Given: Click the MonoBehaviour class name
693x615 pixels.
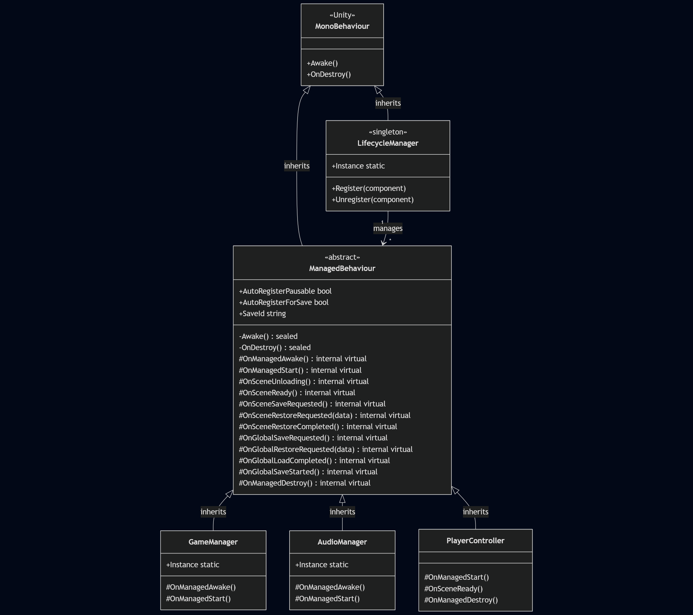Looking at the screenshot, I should (342, 27).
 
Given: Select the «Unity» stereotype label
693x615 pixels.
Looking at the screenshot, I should (342, 15).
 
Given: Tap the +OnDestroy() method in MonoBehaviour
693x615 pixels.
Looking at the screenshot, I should (329, 74).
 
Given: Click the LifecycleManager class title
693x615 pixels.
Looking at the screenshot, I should (387, 143).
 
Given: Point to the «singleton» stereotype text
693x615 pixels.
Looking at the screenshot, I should (387, 132).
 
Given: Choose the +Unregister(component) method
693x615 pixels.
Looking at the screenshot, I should (372, 200).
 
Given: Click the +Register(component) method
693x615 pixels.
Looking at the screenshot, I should (369, 188).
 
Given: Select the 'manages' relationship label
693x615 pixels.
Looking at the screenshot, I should (387, 228).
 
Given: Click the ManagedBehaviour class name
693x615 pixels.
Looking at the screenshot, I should (342, 268).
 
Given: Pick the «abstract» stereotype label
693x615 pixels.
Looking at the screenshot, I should (342, 257).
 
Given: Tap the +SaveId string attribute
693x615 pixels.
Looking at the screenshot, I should (262, 314).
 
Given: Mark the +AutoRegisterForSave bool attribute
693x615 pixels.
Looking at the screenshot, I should (283, 302).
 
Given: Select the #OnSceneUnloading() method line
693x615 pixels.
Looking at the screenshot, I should (303, 381).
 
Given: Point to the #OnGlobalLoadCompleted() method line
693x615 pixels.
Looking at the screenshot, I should (314, 461).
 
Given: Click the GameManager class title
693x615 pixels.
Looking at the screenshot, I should (213, 542).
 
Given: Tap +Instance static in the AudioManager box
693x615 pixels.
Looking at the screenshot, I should (322, 565).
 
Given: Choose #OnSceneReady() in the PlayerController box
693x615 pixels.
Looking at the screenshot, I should (453, 589).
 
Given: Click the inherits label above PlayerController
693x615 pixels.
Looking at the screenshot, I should (475, 512).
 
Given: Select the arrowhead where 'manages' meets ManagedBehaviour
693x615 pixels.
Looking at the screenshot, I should (384, 243).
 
